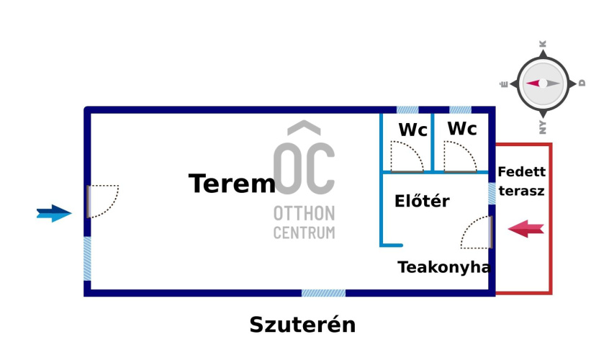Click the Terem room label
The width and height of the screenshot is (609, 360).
232,184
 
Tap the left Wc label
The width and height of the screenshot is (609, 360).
412,130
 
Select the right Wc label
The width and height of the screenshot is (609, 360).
461,129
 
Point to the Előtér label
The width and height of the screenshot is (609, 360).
422,202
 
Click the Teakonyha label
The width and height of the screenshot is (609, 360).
444,268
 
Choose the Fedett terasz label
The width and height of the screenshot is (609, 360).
521,181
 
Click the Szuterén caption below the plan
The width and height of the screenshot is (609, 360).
302,325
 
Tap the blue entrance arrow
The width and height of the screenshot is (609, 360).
55,213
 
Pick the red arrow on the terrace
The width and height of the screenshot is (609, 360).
525,230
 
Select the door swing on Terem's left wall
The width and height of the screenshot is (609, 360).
102,201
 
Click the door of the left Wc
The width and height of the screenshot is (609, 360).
406,157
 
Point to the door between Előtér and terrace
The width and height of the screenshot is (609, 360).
477,233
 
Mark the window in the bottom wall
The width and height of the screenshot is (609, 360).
323,293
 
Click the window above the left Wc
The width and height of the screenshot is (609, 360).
407,110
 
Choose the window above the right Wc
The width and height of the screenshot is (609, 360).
460,110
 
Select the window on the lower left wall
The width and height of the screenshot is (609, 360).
87,258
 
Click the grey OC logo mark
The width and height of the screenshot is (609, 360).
304,162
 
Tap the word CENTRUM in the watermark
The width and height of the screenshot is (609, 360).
304,233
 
